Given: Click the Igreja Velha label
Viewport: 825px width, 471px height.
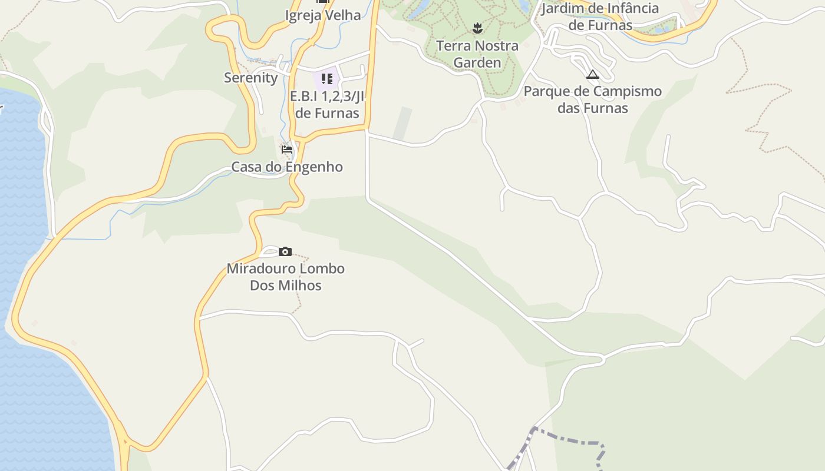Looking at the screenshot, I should pos(323,15).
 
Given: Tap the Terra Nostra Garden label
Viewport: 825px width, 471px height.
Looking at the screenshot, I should pos(477,54).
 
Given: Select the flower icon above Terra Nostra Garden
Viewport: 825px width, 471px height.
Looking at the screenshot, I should pos(477,27).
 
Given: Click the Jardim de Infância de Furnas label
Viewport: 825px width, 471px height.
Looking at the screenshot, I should pos(600,16).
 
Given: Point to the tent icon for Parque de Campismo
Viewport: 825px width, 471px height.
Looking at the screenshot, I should pos(593,74).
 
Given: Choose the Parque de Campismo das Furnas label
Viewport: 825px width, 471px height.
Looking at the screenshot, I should pos(593,99).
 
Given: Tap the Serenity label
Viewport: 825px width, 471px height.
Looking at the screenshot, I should pos(250,78).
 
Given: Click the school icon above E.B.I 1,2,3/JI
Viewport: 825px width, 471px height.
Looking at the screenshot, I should pos(326,78).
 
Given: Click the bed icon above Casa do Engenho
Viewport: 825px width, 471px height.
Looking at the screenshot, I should pos(287,150).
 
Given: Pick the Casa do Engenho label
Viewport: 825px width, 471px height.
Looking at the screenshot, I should pos(287,167).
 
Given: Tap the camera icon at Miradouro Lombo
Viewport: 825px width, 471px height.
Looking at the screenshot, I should pos(285,252).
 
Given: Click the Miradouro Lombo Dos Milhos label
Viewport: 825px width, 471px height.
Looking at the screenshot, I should pos(286,277).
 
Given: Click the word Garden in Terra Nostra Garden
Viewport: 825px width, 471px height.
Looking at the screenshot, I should pos(477,62).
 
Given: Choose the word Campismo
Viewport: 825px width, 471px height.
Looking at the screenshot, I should pos(627,92).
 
